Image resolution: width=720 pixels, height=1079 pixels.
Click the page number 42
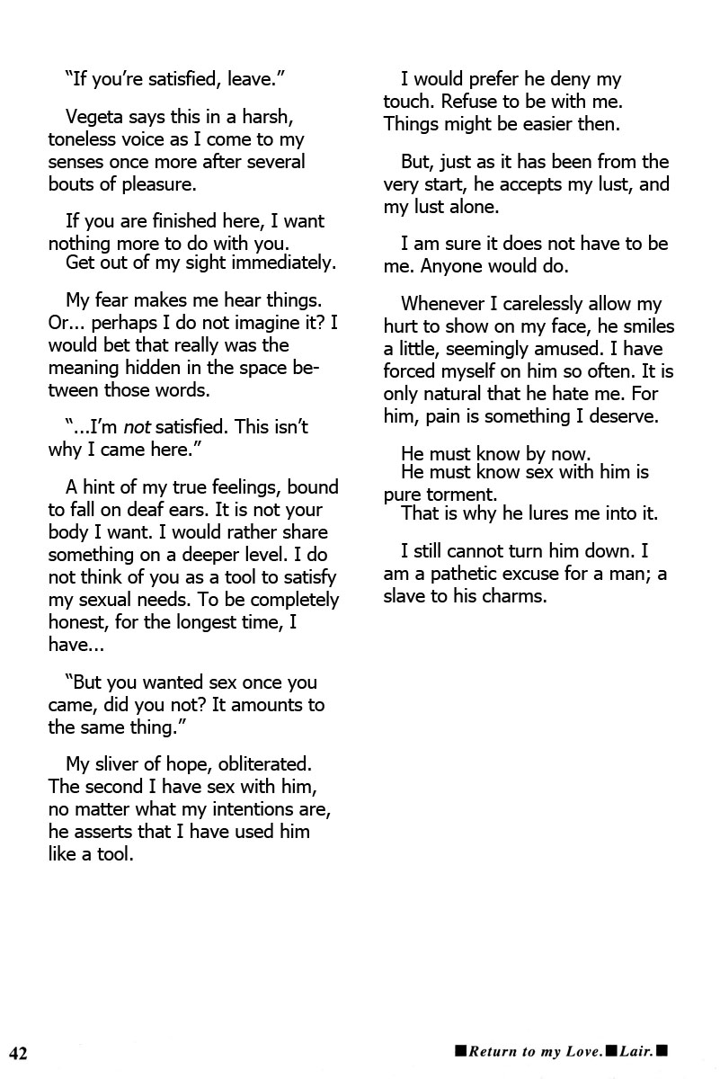(19, 1053)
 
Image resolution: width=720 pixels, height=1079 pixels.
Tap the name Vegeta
(95, 117)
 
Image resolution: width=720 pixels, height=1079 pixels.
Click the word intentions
(259, 809)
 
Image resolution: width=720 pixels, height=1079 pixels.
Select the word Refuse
(476, 103)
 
